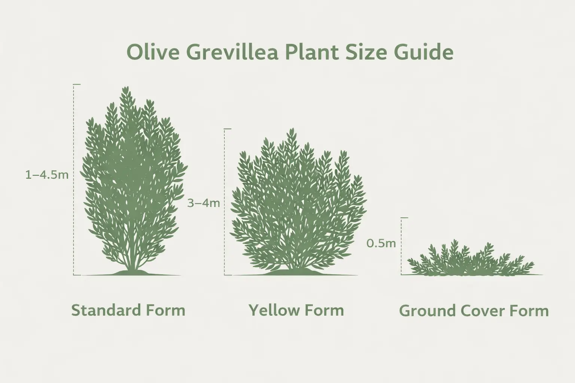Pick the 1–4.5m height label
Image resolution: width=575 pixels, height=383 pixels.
[x=47, y=175]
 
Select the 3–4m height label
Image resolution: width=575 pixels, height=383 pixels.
[x=203, y=203]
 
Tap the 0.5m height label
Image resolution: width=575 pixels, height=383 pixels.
[x=381, y=243]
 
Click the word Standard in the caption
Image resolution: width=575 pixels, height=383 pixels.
[x=106, y=310]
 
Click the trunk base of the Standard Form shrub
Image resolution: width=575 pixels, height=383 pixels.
[x=131, y=270]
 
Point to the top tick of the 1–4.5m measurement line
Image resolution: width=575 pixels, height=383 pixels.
[x=77, y=85]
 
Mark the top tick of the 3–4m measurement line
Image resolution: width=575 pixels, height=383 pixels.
[x=228, y=129]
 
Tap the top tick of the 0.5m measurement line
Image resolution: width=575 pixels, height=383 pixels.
[x=405, y=217]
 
